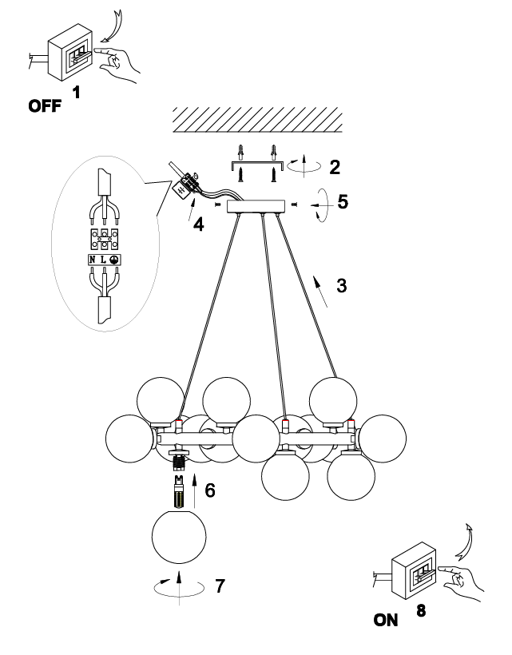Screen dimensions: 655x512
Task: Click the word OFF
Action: click(45, 106)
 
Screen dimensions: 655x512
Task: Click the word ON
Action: click(385, 620)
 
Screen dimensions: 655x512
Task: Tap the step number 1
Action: click(77, 92)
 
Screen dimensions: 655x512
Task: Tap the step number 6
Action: click(209, 490)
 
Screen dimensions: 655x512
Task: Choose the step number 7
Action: click(219, 586)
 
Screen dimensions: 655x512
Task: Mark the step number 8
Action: click(421, 612)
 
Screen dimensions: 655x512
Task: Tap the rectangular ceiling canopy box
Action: click(256, 206)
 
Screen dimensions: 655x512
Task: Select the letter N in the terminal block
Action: click(93, 260)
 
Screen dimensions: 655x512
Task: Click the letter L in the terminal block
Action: click(103, 260)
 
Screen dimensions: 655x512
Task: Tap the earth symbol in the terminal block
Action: click(114, 260)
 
